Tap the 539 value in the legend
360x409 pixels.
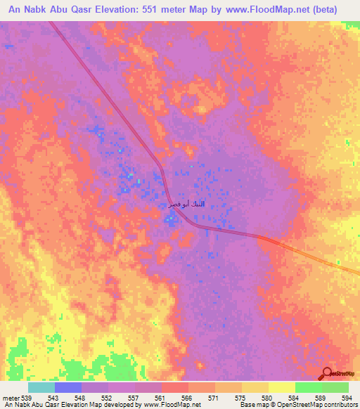(27, 398)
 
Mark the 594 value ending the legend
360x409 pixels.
(347, 398)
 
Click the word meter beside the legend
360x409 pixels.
(11, 398)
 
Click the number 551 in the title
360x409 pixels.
(159, 9)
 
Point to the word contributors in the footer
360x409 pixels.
(338, 405)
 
